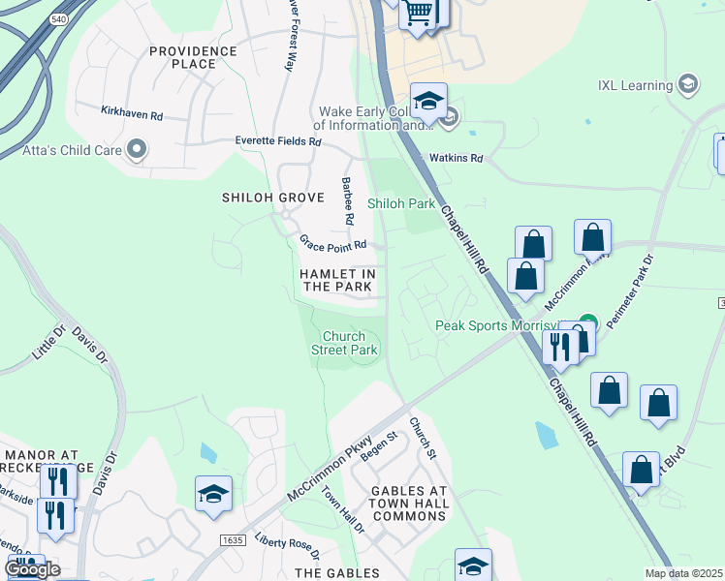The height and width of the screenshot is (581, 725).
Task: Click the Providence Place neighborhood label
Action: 192,57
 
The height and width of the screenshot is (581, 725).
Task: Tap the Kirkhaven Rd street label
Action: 132,113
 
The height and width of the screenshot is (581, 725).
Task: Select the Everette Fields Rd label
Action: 278,141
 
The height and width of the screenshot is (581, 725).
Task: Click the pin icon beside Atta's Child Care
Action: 137,150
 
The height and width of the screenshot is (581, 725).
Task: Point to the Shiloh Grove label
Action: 259,197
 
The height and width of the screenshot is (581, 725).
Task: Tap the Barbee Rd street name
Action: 346,200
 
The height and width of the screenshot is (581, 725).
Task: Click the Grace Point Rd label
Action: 332,244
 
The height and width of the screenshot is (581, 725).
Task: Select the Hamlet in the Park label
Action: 336,281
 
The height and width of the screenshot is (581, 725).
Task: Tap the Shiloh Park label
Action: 401,203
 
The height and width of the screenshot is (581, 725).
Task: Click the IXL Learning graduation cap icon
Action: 688,85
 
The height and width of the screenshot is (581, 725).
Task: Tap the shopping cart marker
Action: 418,14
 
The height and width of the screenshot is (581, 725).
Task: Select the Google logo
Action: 32,569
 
